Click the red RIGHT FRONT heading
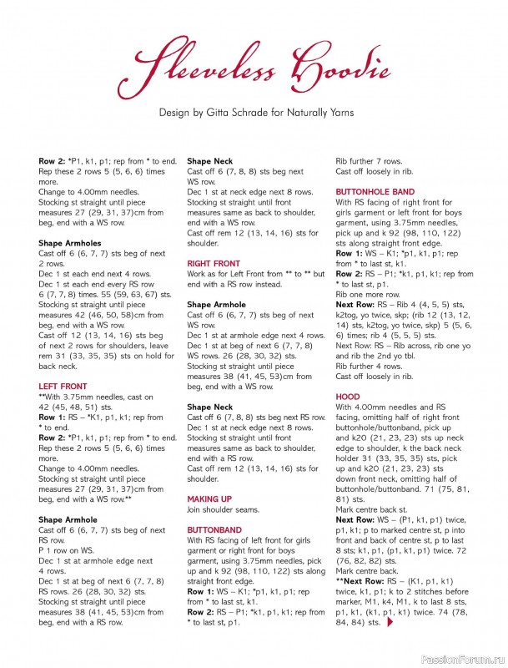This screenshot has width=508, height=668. [213, 263]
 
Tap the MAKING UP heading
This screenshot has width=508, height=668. [209, 498]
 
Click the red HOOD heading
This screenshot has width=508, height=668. [348, 397]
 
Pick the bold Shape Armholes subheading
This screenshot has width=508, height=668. [70, 242]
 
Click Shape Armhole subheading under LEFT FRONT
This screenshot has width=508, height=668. [68, 519]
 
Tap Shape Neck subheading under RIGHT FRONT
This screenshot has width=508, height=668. [209, 407]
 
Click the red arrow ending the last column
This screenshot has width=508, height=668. [391, 622]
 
